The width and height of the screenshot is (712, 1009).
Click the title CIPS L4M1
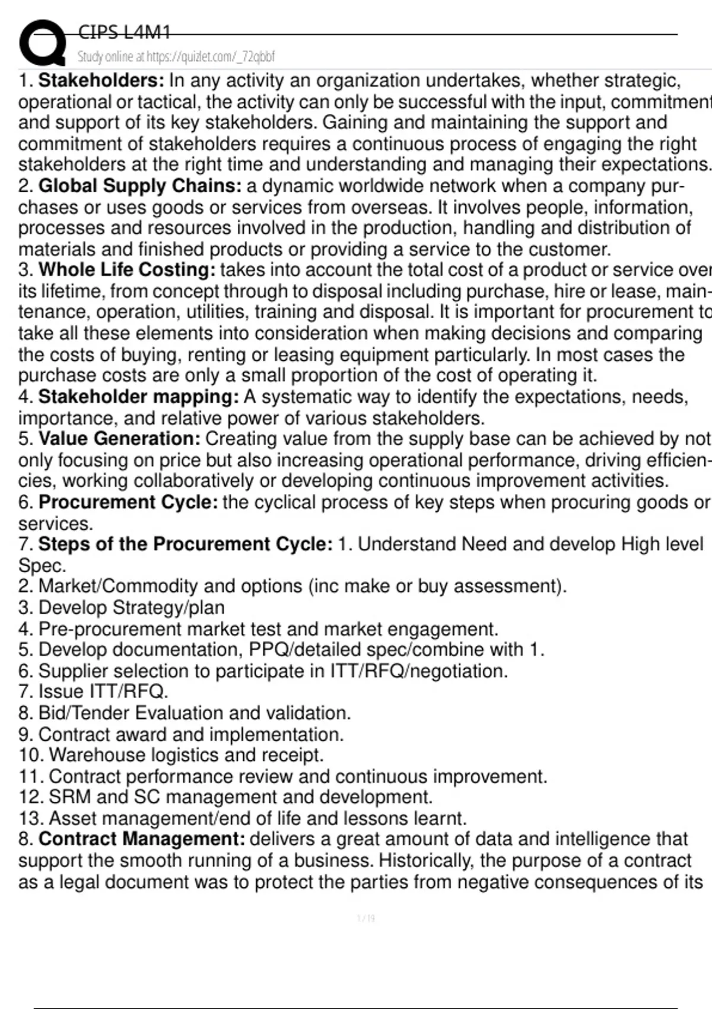(x=124, y=32)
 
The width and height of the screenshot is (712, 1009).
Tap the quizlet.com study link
(x=176, y=57)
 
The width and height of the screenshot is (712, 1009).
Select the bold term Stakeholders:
(x=101, y=80)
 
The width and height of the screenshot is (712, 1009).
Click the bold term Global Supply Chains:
(x=140, y=186)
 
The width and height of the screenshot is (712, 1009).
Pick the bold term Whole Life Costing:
(x=127, y=270)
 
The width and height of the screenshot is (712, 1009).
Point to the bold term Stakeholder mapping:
(x=138, y=396)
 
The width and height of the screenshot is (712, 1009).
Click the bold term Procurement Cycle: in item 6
(x=128, y=502)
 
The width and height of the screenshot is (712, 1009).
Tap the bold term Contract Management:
(x=142, y=839)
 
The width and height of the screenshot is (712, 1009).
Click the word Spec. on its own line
(x=42, y=566)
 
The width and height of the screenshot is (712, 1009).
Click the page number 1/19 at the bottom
(x=366, y=919)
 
